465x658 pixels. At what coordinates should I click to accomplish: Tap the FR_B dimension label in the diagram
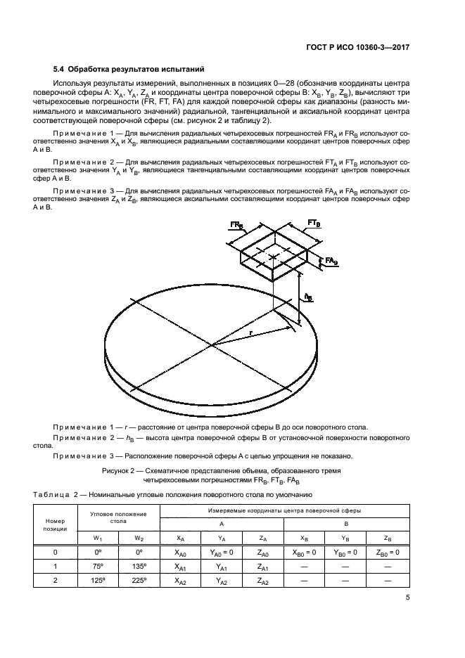click(236, 225)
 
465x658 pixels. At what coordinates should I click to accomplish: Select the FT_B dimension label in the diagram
click(314, 223)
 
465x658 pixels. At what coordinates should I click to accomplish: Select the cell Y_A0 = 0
click(222, 553)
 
